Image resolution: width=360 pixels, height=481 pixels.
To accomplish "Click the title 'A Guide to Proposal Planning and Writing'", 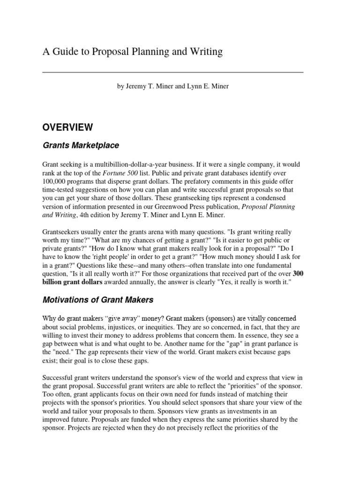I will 133,52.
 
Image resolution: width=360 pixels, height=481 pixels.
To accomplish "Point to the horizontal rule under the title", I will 173,72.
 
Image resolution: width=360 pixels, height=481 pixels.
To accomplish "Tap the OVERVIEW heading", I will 67,127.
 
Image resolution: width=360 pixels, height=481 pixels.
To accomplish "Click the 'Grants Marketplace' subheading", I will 81,145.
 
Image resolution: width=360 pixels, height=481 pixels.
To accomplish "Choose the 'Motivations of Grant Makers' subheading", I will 98,300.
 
